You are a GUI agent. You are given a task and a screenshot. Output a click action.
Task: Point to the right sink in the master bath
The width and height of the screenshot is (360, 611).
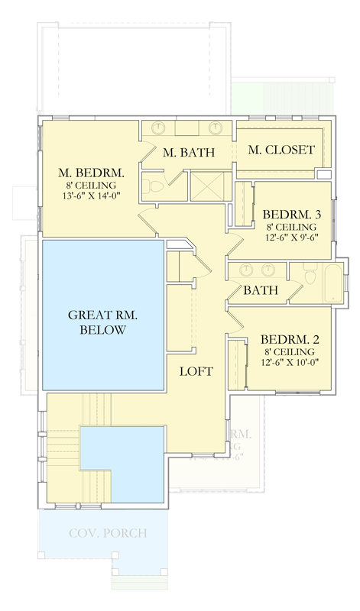(217, 128)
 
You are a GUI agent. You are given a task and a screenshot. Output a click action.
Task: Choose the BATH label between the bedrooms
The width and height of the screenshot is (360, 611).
(260, 291)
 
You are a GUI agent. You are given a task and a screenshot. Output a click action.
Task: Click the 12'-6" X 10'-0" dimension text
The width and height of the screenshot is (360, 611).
(287, 363)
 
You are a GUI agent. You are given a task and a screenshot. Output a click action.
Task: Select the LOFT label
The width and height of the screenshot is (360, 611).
(196, 371)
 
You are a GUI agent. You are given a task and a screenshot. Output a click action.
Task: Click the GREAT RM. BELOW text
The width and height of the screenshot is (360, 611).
(102, 322)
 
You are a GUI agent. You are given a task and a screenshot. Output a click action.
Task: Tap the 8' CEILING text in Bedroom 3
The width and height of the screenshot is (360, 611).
(288, 227)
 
